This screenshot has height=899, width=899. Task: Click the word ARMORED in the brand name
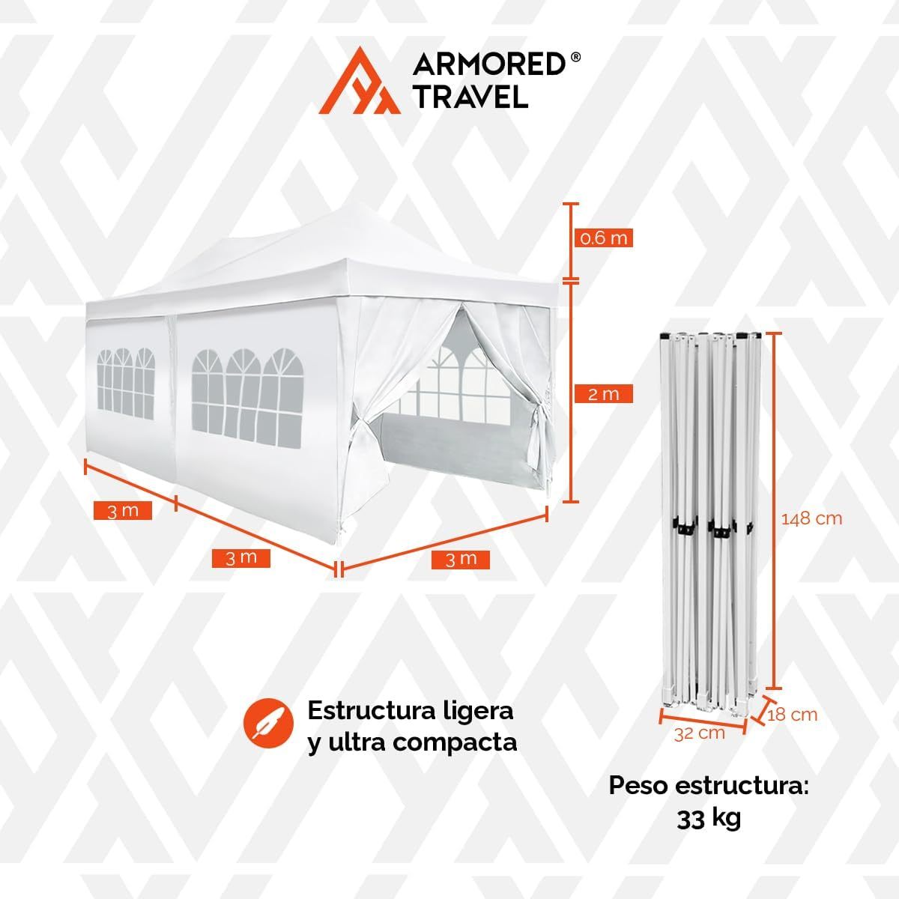(x=489, y=64)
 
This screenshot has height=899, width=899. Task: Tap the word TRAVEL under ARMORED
(x=471, y=96)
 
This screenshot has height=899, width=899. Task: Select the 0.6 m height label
(x=603, y=238)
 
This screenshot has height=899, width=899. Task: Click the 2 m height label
(x=603, y=394)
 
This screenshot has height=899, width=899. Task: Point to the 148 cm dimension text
(x=811, y=518)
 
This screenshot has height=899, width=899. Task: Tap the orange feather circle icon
(x=269, y=724)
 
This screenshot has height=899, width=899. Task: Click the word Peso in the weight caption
(x=640, y=786)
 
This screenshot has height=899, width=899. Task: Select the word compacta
(x=455, y=742)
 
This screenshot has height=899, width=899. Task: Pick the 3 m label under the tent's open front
(x=461, y=560)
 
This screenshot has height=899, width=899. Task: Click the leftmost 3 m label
(x=123, y=511)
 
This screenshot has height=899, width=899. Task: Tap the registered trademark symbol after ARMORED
(x=575, y=57)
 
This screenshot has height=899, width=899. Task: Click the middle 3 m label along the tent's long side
(x=240, y=558)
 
